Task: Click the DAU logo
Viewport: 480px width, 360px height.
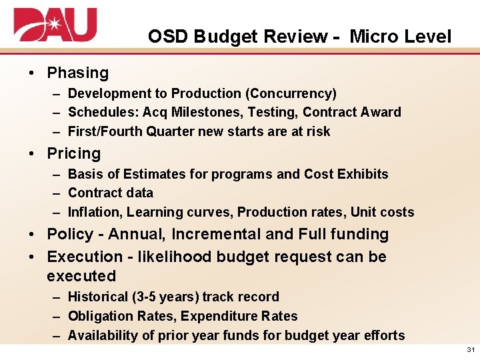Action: [x=55, y=26]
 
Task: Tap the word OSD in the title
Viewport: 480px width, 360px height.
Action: [x=169, y=37]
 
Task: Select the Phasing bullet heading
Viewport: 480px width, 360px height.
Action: [x=77, y=73]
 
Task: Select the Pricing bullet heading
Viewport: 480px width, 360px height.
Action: [x=73, y=153]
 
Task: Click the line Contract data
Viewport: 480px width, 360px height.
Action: [x=111, y=193]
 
